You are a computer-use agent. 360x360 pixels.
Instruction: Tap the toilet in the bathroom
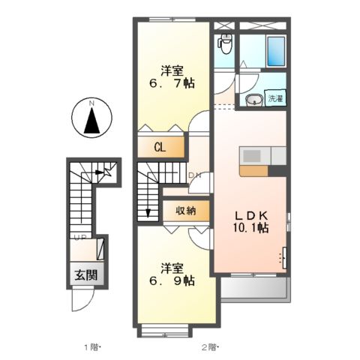tap(224, 43)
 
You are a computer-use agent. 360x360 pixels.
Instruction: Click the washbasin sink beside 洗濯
tap(253, 99)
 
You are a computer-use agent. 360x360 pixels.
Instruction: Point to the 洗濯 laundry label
tap(274, 98)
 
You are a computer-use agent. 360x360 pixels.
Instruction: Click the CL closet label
tap(160, 148)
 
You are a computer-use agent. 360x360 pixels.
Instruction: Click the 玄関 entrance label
tap(85, 274)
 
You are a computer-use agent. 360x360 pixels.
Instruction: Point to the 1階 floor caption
tap(91, 346)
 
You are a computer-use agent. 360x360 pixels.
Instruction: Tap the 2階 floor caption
tap(208, 346)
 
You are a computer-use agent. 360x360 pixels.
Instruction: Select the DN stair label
tap(193, 176)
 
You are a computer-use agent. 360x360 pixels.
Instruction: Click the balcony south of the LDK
tap(253, 289)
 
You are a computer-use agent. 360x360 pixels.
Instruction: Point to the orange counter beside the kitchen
tap(253, 170)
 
